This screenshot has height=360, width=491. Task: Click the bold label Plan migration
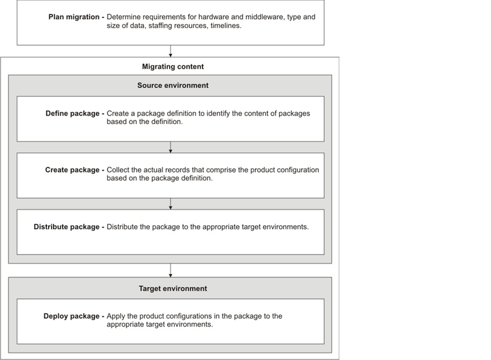(74, 17)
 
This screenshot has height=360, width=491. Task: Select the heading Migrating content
(173, 66)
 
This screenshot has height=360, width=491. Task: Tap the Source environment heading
(173, 86)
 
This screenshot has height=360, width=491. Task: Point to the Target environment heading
(173, 289)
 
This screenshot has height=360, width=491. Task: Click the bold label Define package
(72, 113)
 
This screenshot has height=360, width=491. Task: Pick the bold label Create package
(72, 170)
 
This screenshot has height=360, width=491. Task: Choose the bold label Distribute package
(66, 227)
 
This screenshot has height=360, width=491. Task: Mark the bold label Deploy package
(71, 316)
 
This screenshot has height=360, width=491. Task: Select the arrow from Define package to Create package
(171, 147)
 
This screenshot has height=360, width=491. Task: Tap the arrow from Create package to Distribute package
(171, 204)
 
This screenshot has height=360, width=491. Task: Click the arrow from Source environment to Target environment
(171, 271)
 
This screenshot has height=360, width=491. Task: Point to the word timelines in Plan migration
(226, 26)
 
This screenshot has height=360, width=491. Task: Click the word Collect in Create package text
(119, 170)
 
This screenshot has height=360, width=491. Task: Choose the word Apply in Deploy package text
(117, 316)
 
